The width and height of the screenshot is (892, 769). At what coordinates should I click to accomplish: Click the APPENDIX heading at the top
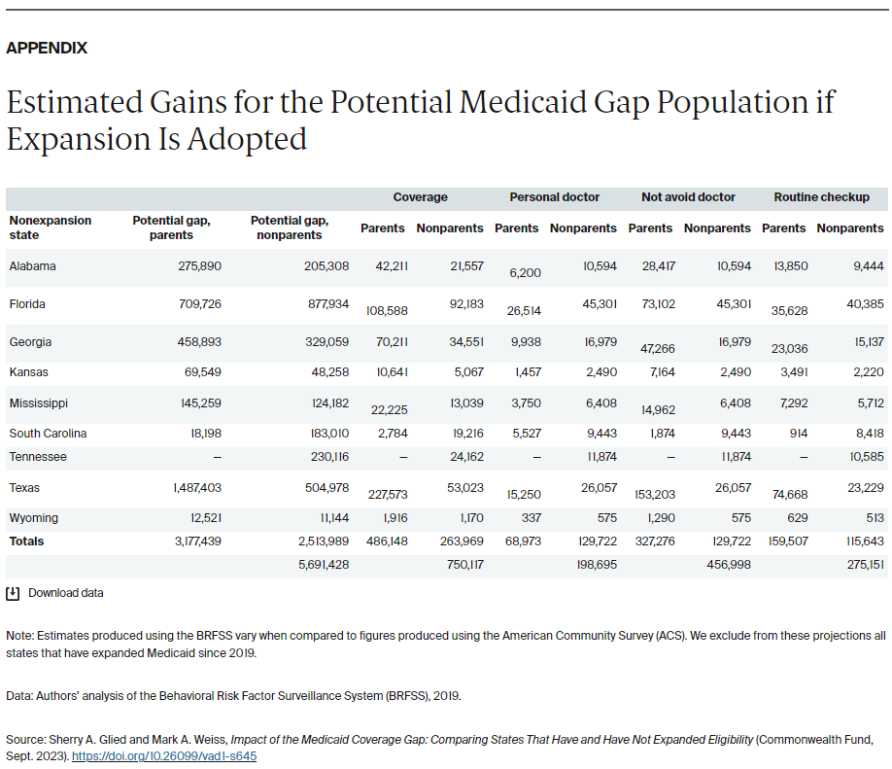pos(47,48)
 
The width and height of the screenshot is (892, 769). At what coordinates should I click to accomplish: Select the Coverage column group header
pos(420,197)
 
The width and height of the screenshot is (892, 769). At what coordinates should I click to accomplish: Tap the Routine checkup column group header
pos(821,197)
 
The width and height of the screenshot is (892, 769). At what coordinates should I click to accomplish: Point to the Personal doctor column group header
pos(554,197)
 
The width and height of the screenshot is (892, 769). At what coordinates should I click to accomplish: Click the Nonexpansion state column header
pos(50,227)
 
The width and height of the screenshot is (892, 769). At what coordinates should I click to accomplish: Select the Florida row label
pos(27,304)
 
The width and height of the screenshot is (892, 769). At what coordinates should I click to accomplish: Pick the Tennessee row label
pos(38,457)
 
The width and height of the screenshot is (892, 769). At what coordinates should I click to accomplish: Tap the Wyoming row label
pos(33,518)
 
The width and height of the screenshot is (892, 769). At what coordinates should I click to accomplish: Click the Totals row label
pos(26,542)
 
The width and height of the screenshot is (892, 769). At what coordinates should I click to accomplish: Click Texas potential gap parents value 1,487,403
pos(193,488)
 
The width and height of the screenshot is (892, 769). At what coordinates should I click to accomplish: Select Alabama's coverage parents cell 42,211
pos(392,266)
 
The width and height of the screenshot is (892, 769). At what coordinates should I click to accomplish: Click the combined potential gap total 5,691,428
pos(324,565)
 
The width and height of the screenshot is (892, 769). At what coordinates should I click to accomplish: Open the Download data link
pos(65,593)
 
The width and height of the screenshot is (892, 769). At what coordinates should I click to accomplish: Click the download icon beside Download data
pos(13,593)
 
